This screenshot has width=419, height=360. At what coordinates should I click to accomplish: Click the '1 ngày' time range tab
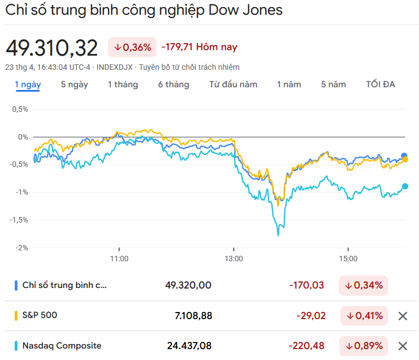(27, 85)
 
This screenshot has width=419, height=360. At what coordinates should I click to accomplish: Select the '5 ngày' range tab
(74, 85)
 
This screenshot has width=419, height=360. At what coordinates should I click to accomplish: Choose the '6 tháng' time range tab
(173, 85)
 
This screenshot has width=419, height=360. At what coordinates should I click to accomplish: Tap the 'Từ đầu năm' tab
(233, 85)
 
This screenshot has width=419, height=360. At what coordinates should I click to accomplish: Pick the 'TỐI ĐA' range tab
(380, 85)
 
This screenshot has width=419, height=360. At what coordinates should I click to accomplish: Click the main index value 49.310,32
(52, 48)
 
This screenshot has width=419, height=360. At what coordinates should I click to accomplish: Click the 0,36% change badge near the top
(133, 47)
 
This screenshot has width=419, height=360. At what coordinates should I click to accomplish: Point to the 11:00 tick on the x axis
(119, 259)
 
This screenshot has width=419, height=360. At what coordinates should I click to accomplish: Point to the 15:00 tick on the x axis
(348, 259)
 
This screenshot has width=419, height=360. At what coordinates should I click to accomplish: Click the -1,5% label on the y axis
(20, 220)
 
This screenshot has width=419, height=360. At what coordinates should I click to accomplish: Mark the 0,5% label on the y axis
(20, 109)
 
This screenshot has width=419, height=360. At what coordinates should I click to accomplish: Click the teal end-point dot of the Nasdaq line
(405, 186)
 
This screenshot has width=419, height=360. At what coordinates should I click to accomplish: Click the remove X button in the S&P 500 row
(403, 316)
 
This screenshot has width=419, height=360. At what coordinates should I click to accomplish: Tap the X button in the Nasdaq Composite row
(403, 346)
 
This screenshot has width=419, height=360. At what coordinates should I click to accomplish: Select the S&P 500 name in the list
(39, 315)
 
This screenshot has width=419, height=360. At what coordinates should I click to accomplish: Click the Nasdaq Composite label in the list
(62, 345)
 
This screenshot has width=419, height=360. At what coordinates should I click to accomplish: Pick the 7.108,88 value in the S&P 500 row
(189, 316)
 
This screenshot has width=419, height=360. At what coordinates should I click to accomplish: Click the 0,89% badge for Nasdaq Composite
(363, 346)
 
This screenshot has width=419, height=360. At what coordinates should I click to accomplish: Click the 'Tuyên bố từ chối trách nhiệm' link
(189, 67)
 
